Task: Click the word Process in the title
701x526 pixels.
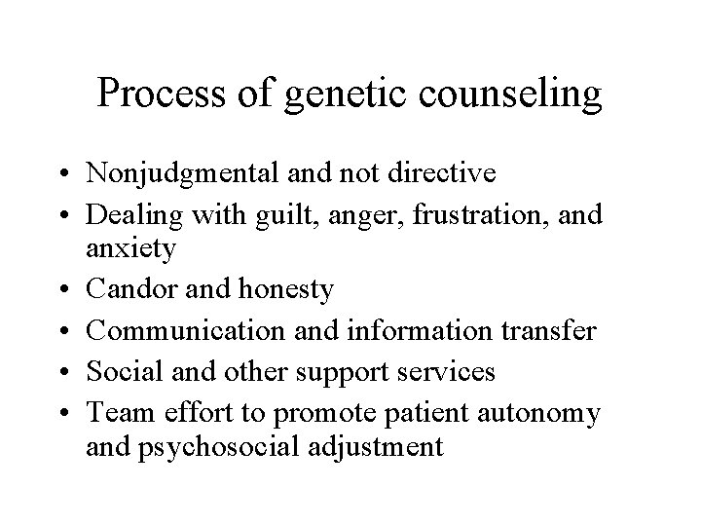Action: (x=161, y=94)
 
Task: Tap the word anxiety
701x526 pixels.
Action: (x=144, y=248)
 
